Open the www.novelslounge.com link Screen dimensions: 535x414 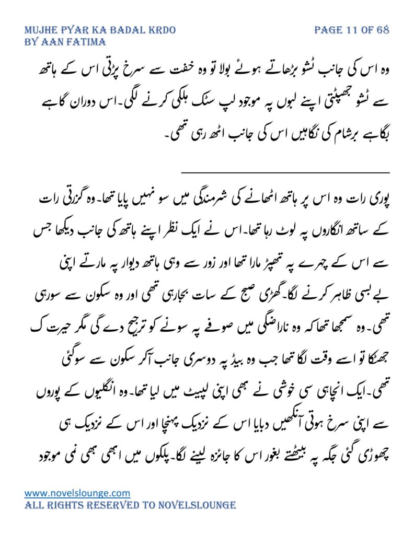[77, 493]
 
